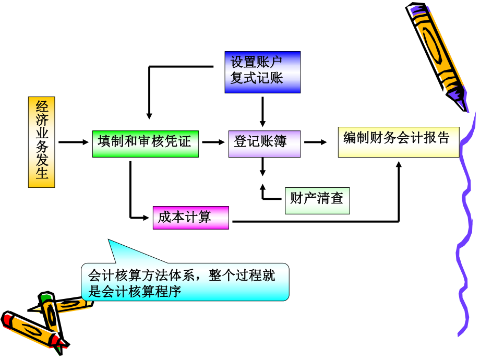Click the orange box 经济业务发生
tap(41, 142)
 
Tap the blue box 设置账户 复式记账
tap(262, 72)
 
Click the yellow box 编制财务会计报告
tap(398, 142)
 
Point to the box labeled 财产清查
tap(317, 200)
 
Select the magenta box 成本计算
tap(190, 217)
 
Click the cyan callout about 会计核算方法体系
tap(185, 282)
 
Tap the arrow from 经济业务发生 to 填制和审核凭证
tap(74, 142)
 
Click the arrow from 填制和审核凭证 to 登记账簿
tap(213, 142)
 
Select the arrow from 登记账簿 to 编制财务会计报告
tap(315, 142)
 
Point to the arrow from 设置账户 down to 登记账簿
tap(262, 111)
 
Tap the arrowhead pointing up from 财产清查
tap(262, 187)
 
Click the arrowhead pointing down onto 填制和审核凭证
tap(149, 115)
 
